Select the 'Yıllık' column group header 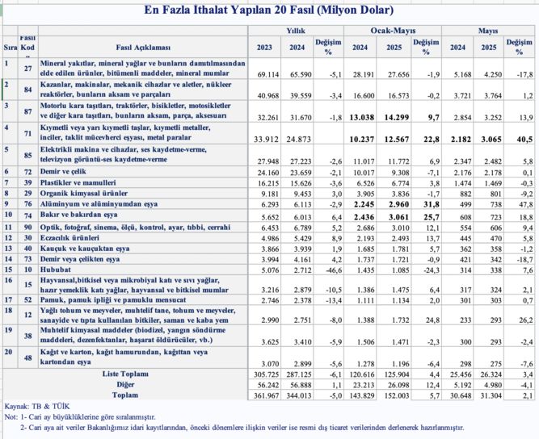click(x=296, y=31)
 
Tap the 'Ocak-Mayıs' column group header click(x=393, y=31)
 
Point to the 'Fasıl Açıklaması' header click(x=143, y=48)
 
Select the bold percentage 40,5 click(x=524, y=139)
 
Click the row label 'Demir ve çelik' click(x=63, y=171)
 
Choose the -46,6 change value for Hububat click(x=333, y=270)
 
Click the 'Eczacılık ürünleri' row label click(x=69, y=238)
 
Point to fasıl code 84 click(x=27, y=90)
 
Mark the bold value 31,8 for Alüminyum click(x=431, y=204)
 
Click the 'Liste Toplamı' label click(x=125, y=374)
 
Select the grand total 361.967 click(x=266, y=395)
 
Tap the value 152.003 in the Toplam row click(x=397, y=395)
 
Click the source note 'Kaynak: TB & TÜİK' click(x=37, y=407)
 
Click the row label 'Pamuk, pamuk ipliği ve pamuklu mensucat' click(x=113, y=299)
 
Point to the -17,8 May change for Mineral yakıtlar click(x=525, y=74)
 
